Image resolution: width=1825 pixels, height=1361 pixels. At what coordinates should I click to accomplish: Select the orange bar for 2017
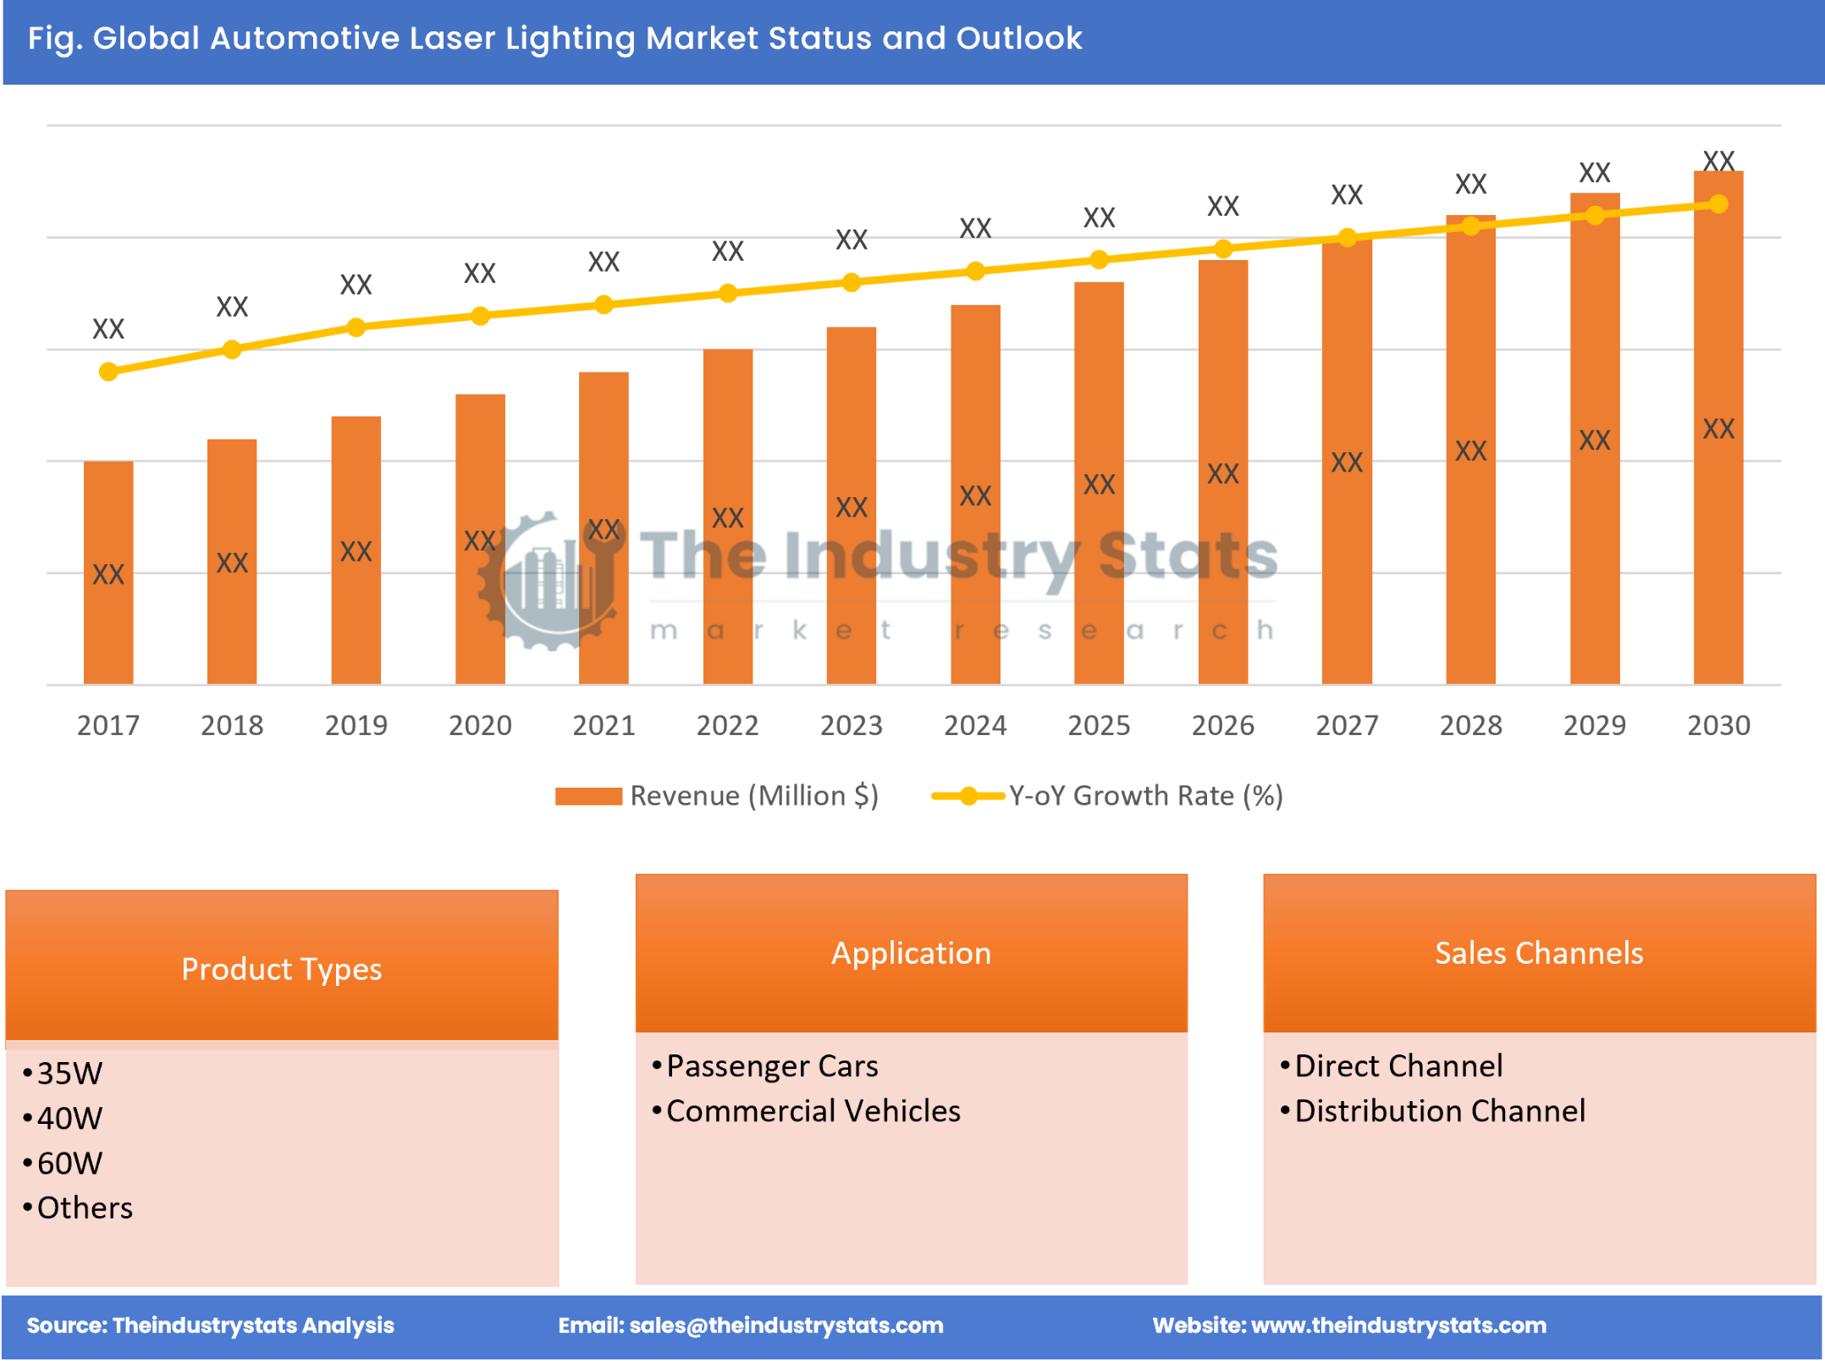point(108,573)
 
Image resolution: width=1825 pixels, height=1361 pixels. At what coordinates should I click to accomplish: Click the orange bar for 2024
point(975,495)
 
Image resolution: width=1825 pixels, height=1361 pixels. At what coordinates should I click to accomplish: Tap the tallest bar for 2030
point(1717,428)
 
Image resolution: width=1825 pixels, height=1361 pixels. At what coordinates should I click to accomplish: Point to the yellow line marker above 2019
point(356,327)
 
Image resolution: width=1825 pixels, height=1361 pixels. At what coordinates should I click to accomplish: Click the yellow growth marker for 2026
point(1222,249)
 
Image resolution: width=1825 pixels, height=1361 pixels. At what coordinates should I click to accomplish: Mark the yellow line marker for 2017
point(108,372)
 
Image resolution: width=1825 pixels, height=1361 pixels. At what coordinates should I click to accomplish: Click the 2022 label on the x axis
point(727,725)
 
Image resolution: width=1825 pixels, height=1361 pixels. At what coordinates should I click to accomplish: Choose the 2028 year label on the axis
point(1470,725)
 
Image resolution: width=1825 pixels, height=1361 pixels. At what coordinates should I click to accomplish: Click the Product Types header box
point(281,968)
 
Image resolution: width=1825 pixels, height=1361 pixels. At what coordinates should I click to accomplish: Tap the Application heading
point(911,953)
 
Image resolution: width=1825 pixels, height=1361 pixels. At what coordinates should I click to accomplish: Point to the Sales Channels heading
point(1538,953)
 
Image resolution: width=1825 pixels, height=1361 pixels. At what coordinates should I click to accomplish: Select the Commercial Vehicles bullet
point(813,1110)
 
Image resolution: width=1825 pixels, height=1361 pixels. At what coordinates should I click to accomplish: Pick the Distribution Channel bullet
point(1439,1110)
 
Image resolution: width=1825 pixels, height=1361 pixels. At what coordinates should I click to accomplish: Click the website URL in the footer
point(1398,1325)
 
